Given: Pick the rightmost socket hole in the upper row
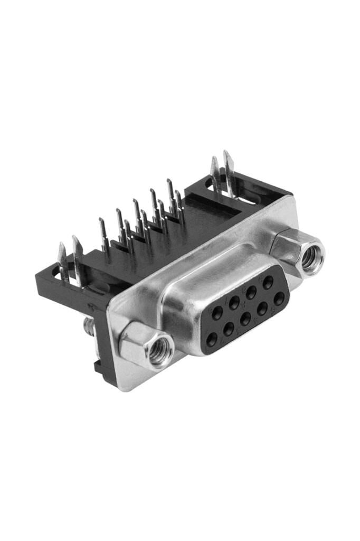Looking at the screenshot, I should (x=268, y=282).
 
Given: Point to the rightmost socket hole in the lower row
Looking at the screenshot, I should (x=279, y=298).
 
